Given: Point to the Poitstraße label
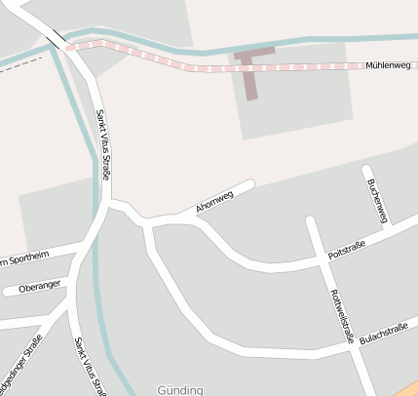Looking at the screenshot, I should tap(347, 250).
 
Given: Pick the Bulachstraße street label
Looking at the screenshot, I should tap(383, 334).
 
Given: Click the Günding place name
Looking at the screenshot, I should tap(180, 390).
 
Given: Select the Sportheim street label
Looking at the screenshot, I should tap(24, 259).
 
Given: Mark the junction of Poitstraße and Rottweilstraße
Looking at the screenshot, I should tap(322, 259).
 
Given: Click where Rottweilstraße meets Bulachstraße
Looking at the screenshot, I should tap(351, 344).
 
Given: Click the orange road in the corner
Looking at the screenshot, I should tap(409, 388).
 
